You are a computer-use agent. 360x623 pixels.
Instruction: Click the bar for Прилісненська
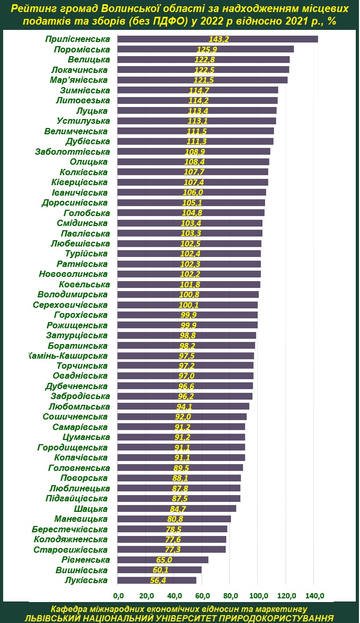(217, 39)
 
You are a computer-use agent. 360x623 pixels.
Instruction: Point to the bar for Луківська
(156, 580)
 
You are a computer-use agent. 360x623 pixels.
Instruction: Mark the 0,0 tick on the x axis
(119, 595)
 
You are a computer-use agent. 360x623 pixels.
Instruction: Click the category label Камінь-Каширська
(70, 356)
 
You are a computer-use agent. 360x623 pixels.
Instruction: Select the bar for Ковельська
(188, 284)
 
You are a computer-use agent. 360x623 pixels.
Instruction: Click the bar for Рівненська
(163, 560)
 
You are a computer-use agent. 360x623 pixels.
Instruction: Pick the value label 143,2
(219, 39)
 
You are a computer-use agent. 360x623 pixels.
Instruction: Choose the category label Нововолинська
(73, 274)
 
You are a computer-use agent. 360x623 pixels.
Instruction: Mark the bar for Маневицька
(174, 519)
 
